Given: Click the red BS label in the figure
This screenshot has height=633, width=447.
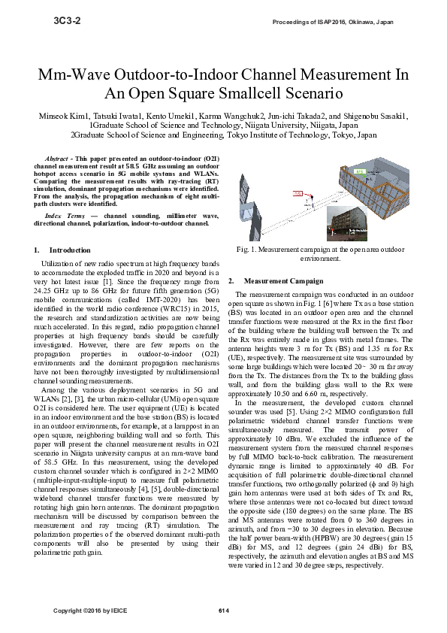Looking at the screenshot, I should point(297,193).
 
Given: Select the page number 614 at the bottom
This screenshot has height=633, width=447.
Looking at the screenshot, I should point(223,609).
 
